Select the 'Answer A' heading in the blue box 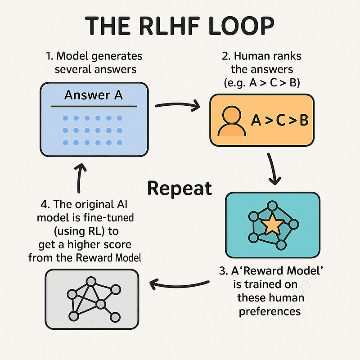[x=93, y=95]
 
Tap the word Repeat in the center [x=180, y=189]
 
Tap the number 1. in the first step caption [x=50, y=57]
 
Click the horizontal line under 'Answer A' [x=93, y=107]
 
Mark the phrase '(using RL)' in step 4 [x=79, y=231]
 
